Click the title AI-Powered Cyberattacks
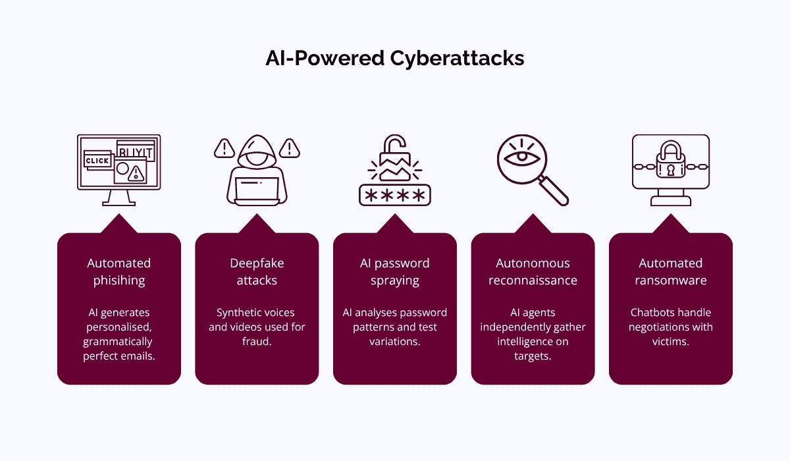click(x=395, y=58)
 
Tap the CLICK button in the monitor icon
click(x=97, y=161)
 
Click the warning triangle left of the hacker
click(x=224, y=148)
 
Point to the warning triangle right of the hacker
click(x=290, y=148)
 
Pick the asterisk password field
click(x=395, y=196)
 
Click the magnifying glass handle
click(x=554, y=191)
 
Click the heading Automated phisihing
click(x=119, y=271)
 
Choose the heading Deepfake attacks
click(x=257, y=271)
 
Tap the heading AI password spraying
click(x=395, y=271)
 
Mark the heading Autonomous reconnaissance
click(x=533, y=271)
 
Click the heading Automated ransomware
click(x=671, y=271)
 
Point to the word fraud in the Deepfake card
click(x=257, y=342)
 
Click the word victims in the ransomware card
click(x=671, y=342)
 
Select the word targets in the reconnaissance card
click(x=533, y=356)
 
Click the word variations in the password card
click(x=395, y=342)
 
